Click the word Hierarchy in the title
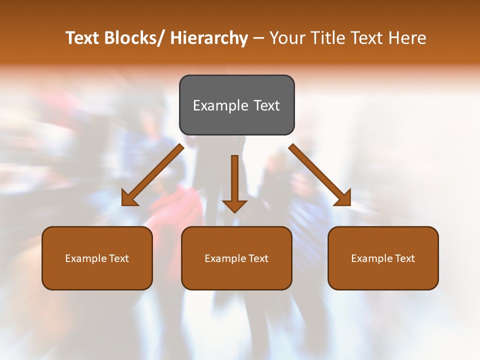coord(209,38)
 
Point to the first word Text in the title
coord(83,38)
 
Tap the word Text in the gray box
coord(266,105)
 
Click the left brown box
coord(97,258)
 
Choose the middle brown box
coord(236,258)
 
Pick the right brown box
coord(383,258)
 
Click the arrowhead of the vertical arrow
coord(234,206)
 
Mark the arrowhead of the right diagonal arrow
coord(343,198)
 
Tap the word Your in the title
coord(286,38)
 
